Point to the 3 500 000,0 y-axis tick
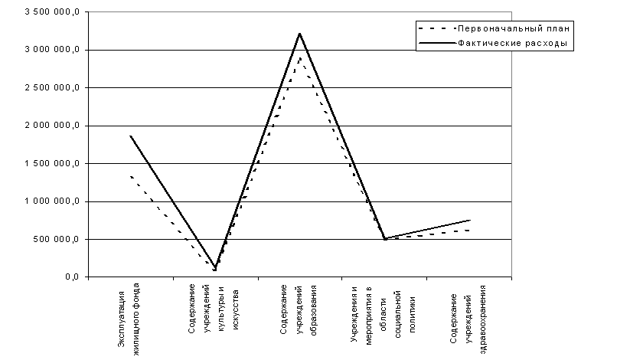click(51, 13)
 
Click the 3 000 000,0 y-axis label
click(51, 51)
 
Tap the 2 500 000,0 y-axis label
click(51, 88)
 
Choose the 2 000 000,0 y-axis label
click(51, 126)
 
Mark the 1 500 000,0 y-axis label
click(51, 164)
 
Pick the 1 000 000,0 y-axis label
click(51, 201)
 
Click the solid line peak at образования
click(300, 33)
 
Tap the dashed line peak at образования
click(300, 57)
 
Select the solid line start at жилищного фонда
click(131, 136)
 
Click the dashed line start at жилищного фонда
click(131, 176)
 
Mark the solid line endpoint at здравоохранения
click(469, 221)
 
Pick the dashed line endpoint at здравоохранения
click(469, 231)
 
